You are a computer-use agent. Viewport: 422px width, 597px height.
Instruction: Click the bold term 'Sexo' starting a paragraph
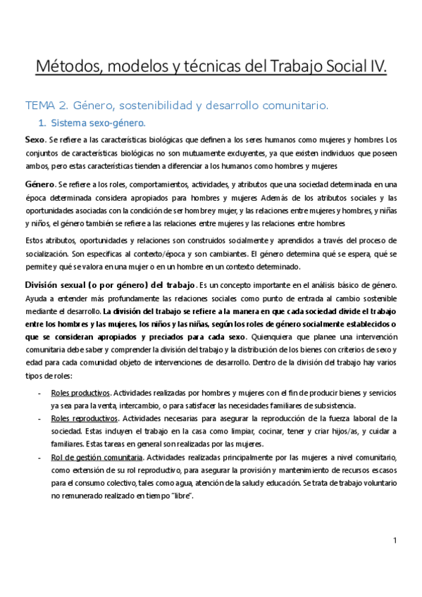click(35, 139)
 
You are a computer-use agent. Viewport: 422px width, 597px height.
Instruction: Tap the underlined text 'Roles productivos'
click(81, 392)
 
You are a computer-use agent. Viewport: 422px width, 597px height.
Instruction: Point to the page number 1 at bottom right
click(395, 540)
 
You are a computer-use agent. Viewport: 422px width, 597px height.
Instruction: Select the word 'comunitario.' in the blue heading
click(297, 106)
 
